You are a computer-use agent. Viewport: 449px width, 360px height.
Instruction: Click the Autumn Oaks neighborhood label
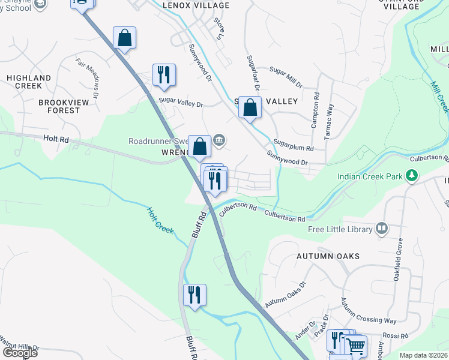[328, 256]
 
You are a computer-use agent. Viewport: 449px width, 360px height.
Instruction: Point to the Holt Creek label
[161, 220]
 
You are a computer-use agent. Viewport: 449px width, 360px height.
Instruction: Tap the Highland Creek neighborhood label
[29, 82]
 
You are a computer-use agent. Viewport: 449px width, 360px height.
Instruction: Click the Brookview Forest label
[59, 106]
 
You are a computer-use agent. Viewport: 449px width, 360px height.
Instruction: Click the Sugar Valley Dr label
[181, 103]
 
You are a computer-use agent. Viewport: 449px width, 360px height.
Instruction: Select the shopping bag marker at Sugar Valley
[250, 108]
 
